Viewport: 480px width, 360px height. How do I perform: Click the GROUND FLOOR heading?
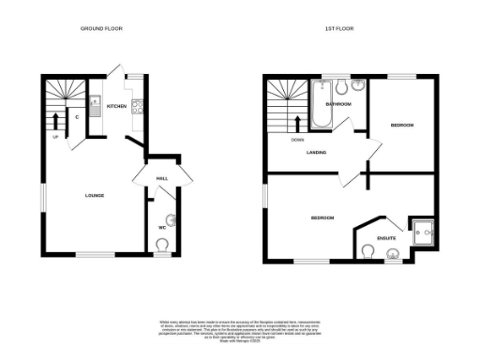102,29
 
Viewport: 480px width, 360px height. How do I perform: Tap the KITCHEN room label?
116,107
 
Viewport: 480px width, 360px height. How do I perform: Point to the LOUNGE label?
94,196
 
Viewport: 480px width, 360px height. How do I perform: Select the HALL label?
161,178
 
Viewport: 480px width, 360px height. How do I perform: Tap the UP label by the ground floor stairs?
56,139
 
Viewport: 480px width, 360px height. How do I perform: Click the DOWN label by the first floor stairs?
296,141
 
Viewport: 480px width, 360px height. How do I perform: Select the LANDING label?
303,155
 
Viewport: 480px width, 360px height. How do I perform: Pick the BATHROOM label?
337,104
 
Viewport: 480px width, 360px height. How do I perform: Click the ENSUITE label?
385,239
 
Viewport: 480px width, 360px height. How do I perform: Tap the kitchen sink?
96,105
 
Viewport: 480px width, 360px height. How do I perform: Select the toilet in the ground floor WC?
164,245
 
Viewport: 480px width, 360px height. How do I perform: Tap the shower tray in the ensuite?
420,229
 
